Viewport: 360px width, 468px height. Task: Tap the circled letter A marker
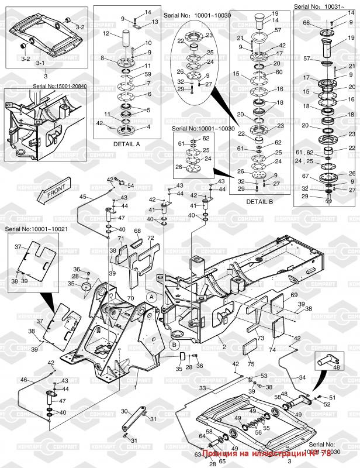(151, 297)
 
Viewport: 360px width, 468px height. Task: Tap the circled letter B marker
(174, 345)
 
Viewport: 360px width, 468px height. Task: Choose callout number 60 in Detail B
(278, 73)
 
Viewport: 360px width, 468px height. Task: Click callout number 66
(306, 23)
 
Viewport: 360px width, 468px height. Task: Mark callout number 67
(306, 175)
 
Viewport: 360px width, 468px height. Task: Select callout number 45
(82, 197)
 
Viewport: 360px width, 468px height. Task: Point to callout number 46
(24, 380)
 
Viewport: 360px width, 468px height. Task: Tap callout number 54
(130, 185)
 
